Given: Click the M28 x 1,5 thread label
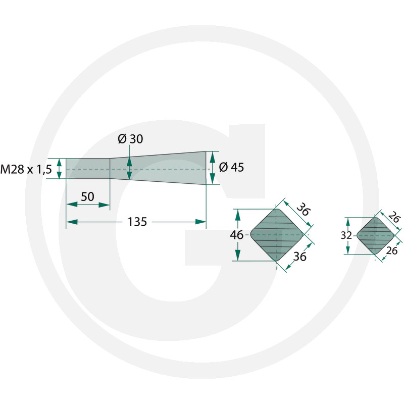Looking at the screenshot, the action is (x=26, y=170).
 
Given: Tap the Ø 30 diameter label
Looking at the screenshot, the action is (x=130, y=139).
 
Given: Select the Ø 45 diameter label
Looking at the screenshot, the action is (x=231, y=167).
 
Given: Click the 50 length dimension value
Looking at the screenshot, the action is (x=87, y=196).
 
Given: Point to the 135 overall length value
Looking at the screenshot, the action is (x=137, y=222).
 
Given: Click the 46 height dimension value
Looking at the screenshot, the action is (x=236, y=235).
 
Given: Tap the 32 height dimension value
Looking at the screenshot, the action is (x=346, y=235).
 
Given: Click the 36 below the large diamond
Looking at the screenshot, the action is (x=299, y=257).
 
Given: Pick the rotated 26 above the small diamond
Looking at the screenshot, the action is (x=394, y=217).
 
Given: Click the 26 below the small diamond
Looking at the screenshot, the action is (x=392, y=250).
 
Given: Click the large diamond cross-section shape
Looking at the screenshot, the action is (x=276, y=235).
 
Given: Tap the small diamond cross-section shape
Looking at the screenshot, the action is (x=375, y=236).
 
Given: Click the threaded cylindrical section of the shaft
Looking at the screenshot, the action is (x=88, y=169).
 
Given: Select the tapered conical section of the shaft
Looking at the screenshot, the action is (x=158, y=168).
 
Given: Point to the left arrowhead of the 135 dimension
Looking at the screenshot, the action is (x=72, y=222).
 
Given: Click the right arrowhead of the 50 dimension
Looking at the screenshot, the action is (x=105, y=205).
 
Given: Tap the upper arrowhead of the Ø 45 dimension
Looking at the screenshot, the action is (x=213, y=157).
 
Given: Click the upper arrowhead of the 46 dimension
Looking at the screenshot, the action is (x=238, y=215).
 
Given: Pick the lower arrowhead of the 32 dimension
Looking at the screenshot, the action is (x=348, y=249).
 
